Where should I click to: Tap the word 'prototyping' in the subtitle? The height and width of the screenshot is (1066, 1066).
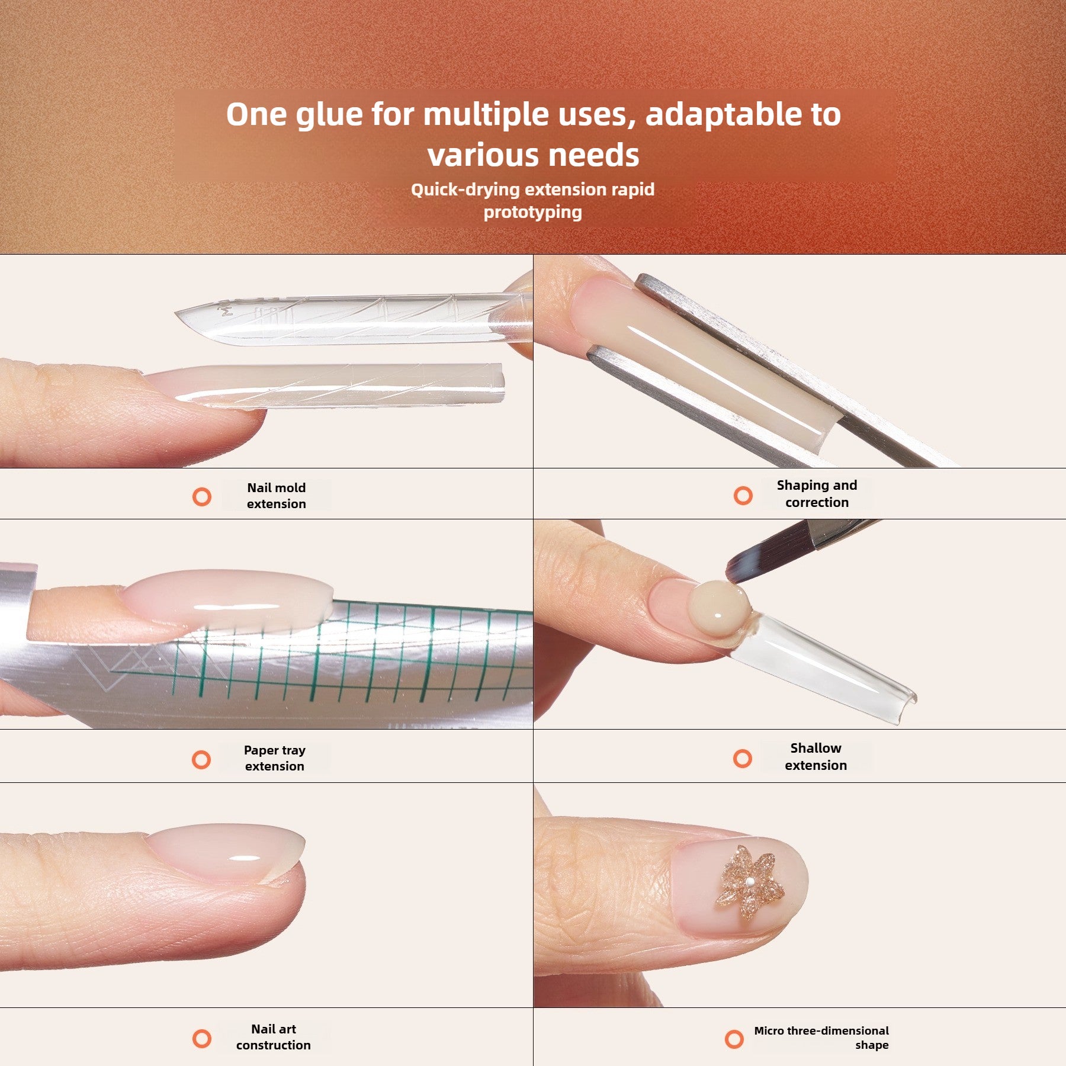click(532, 213)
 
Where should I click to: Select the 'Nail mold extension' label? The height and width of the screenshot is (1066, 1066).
click(277, 496)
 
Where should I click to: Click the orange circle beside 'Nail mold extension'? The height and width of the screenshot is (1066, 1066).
click(202, 496)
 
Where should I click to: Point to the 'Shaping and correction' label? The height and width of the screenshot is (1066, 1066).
click(817, 494)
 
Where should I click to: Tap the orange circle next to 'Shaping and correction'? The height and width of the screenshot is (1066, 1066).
click(743, 495)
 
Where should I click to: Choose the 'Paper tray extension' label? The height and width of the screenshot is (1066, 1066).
click(275, 758)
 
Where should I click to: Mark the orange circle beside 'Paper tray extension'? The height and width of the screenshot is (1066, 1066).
click(201, 759)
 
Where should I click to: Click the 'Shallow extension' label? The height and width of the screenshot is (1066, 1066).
click(815, 756)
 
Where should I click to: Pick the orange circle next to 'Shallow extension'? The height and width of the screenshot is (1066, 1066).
click(742, 758)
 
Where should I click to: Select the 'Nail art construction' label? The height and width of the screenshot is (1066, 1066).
click(274, 1037)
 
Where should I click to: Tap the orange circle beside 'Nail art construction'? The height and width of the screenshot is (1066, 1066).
click(202, 1038)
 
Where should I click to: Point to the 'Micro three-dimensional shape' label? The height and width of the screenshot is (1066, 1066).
click(821, 1038)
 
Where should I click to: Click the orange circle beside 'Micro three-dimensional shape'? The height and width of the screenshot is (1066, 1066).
click(734, 1039)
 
